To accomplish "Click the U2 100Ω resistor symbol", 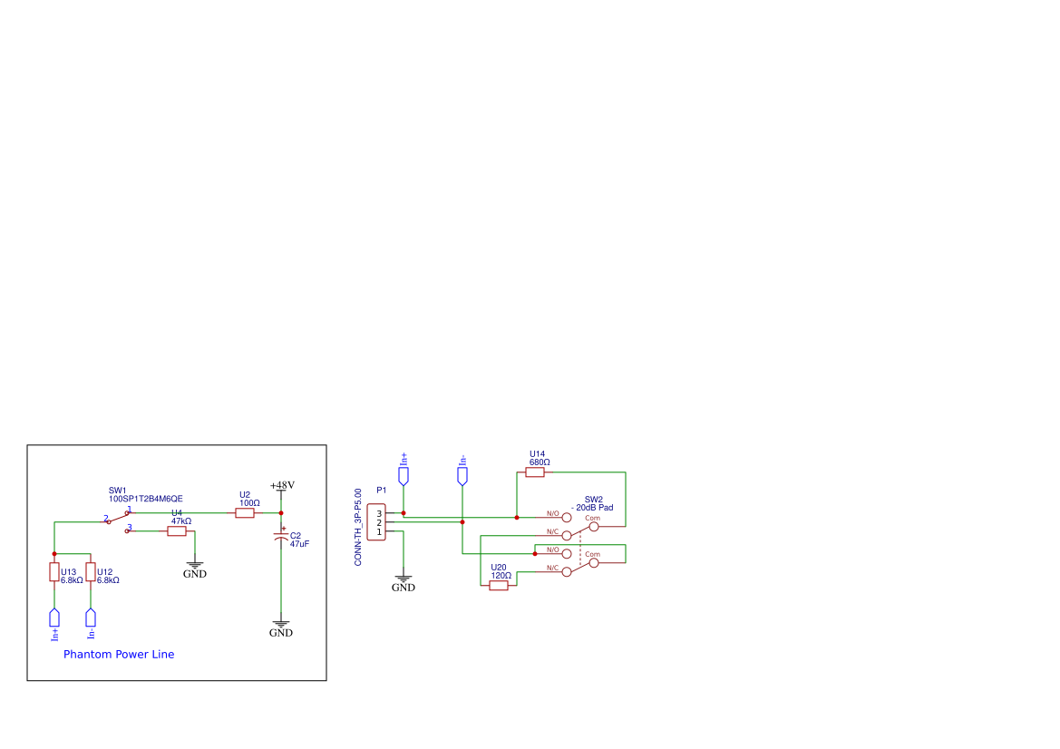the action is click(245, 513).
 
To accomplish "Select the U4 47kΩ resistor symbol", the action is click(177, 531).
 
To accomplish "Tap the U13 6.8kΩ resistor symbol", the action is click(54, 572).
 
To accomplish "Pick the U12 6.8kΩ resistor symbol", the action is click(91, 572).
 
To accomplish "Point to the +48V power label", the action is click(282, 485).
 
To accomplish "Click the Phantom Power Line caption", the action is click(119, 655).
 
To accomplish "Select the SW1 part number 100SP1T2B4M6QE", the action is click(146, 499).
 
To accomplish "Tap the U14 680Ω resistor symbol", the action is click(535, 472).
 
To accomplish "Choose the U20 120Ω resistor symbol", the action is click(498, 586).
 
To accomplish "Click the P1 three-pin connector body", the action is click(376, 522).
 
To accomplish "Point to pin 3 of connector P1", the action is click(379, 514).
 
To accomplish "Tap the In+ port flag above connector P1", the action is click(404, 476).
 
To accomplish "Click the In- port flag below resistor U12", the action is click(91, 618).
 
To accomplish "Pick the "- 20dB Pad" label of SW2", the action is click(592, 508).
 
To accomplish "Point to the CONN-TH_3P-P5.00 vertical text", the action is click(358, 527).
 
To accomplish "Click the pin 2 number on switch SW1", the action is click(105, 519).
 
